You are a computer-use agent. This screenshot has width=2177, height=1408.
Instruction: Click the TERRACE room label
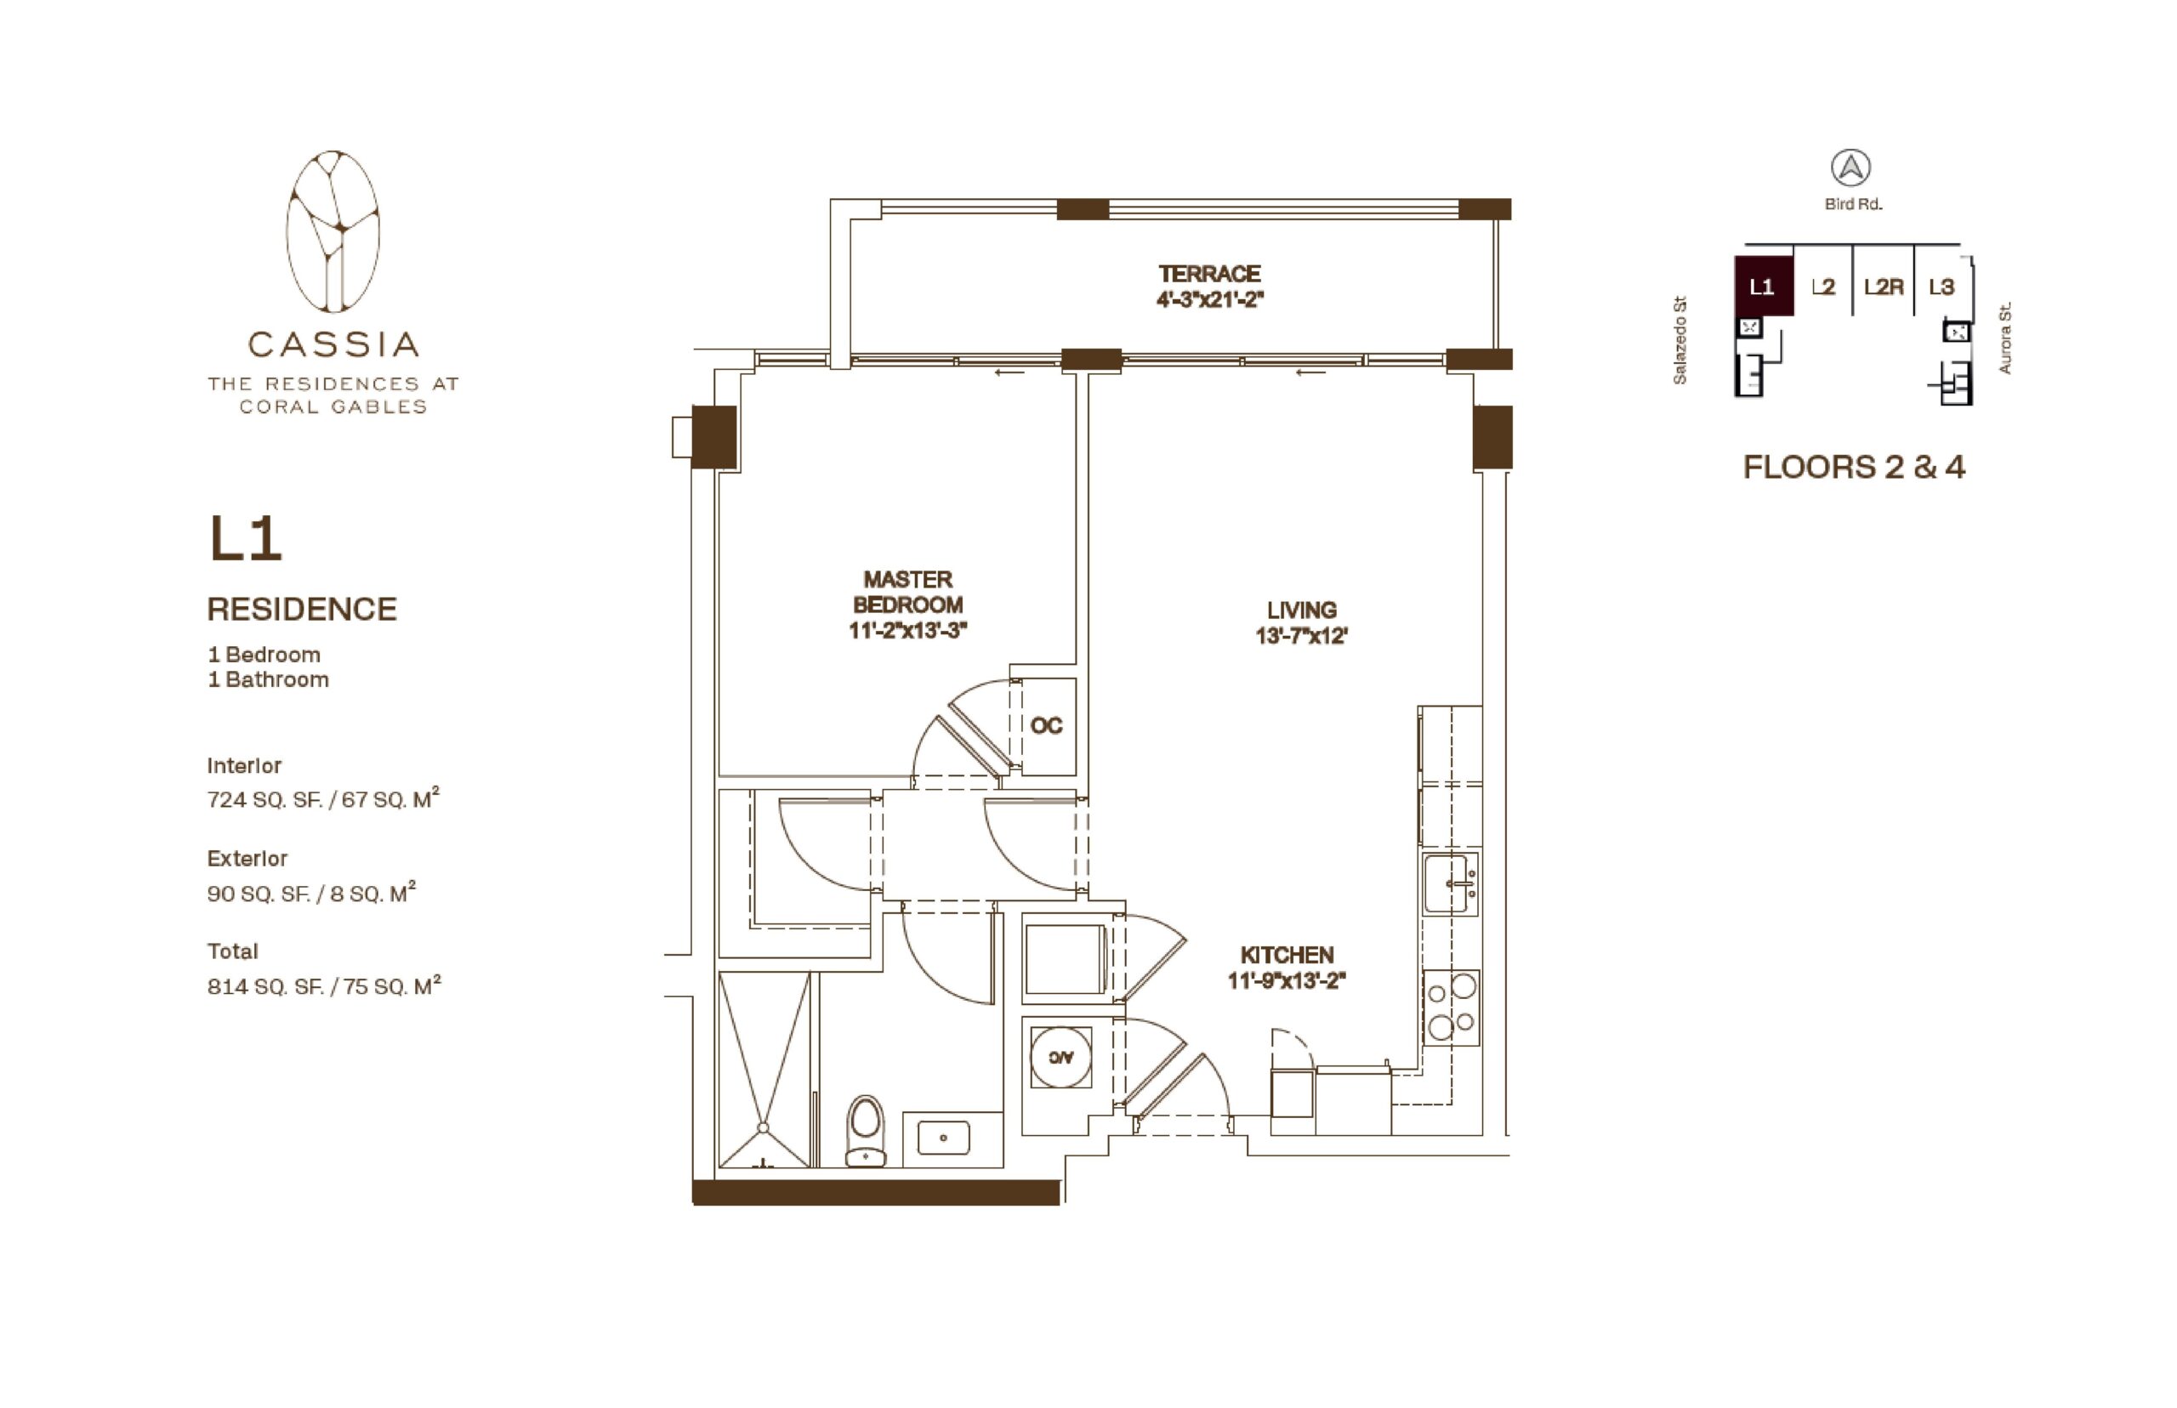(x=1208, y=274)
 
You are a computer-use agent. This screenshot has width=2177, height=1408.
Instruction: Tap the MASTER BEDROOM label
(x=907, y=592)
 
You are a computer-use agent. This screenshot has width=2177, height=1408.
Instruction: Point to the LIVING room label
(x=1301, y=610)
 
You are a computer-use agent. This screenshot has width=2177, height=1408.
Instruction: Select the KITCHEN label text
(x=1287, y=955)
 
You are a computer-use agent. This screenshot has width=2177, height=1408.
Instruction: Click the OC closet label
(x=1046, y=726)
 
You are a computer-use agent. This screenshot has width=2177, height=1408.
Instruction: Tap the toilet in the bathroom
(x=865, y=1130)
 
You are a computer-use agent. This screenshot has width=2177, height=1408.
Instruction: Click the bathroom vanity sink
(x=943, y=1138)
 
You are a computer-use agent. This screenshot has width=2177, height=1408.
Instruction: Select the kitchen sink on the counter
(x=1449, y=883)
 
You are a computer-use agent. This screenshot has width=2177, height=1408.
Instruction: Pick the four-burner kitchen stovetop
(x=1451, y=1007)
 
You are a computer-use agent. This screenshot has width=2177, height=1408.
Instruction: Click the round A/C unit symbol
(x=1060, y=1057)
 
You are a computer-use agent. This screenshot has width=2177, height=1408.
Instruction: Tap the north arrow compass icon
(x=1850, y=168)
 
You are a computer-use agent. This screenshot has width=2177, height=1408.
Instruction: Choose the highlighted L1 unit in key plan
(x=1763, y=287)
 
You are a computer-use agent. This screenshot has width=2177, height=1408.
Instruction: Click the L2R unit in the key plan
(x=1884, y=287)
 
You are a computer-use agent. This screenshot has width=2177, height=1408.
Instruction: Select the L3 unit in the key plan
(x=1941, y=287)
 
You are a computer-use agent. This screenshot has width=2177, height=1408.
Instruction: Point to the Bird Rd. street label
(x=1852, y=205)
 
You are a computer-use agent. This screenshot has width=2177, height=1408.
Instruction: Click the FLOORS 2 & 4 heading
(x=1853, y=467)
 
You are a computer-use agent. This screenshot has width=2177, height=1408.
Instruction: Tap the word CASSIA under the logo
(x=333, y=344)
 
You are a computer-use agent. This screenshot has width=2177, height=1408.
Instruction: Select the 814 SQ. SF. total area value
(x=264, y=986)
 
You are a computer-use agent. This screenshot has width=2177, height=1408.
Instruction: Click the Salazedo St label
(x=1680, y=340)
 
